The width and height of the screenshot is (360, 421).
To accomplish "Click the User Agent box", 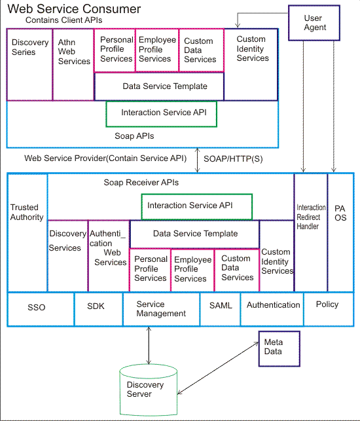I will coord(315,23).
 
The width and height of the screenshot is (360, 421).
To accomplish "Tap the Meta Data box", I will coord(278,347).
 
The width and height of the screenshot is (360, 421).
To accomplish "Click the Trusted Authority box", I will coord(27,212).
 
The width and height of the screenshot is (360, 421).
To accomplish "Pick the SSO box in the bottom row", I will coord(37,307).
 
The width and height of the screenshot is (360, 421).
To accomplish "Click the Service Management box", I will coord(161,308).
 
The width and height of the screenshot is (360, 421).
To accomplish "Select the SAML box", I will coord(220,305).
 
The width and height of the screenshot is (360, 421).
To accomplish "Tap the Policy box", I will coord(327,305).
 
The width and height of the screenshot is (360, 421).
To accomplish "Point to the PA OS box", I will coord(340,213).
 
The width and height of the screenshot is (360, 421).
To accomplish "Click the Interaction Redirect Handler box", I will coord(311,217).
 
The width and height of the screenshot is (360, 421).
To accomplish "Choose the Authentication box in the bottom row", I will coord(273,305).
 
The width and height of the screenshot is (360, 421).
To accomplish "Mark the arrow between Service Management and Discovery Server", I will coord(149,344).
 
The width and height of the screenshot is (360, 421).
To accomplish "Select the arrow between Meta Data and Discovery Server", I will coord(216,368).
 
